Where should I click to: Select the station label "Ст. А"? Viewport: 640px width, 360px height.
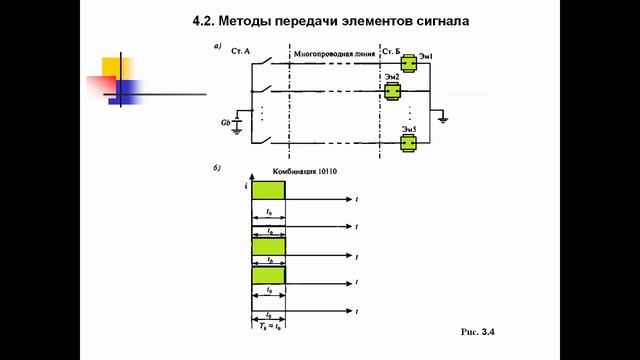tap(241, 50)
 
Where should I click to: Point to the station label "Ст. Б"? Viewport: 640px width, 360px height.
tap(394, 49)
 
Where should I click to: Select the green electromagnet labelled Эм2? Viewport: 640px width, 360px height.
tap(393, 91)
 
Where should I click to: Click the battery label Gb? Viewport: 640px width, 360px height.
tap(227, 122)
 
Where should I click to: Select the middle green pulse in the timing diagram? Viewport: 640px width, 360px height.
tap(268, 246)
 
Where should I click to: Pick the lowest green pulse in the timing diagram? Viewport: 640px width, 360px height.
tap(268, 274)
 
